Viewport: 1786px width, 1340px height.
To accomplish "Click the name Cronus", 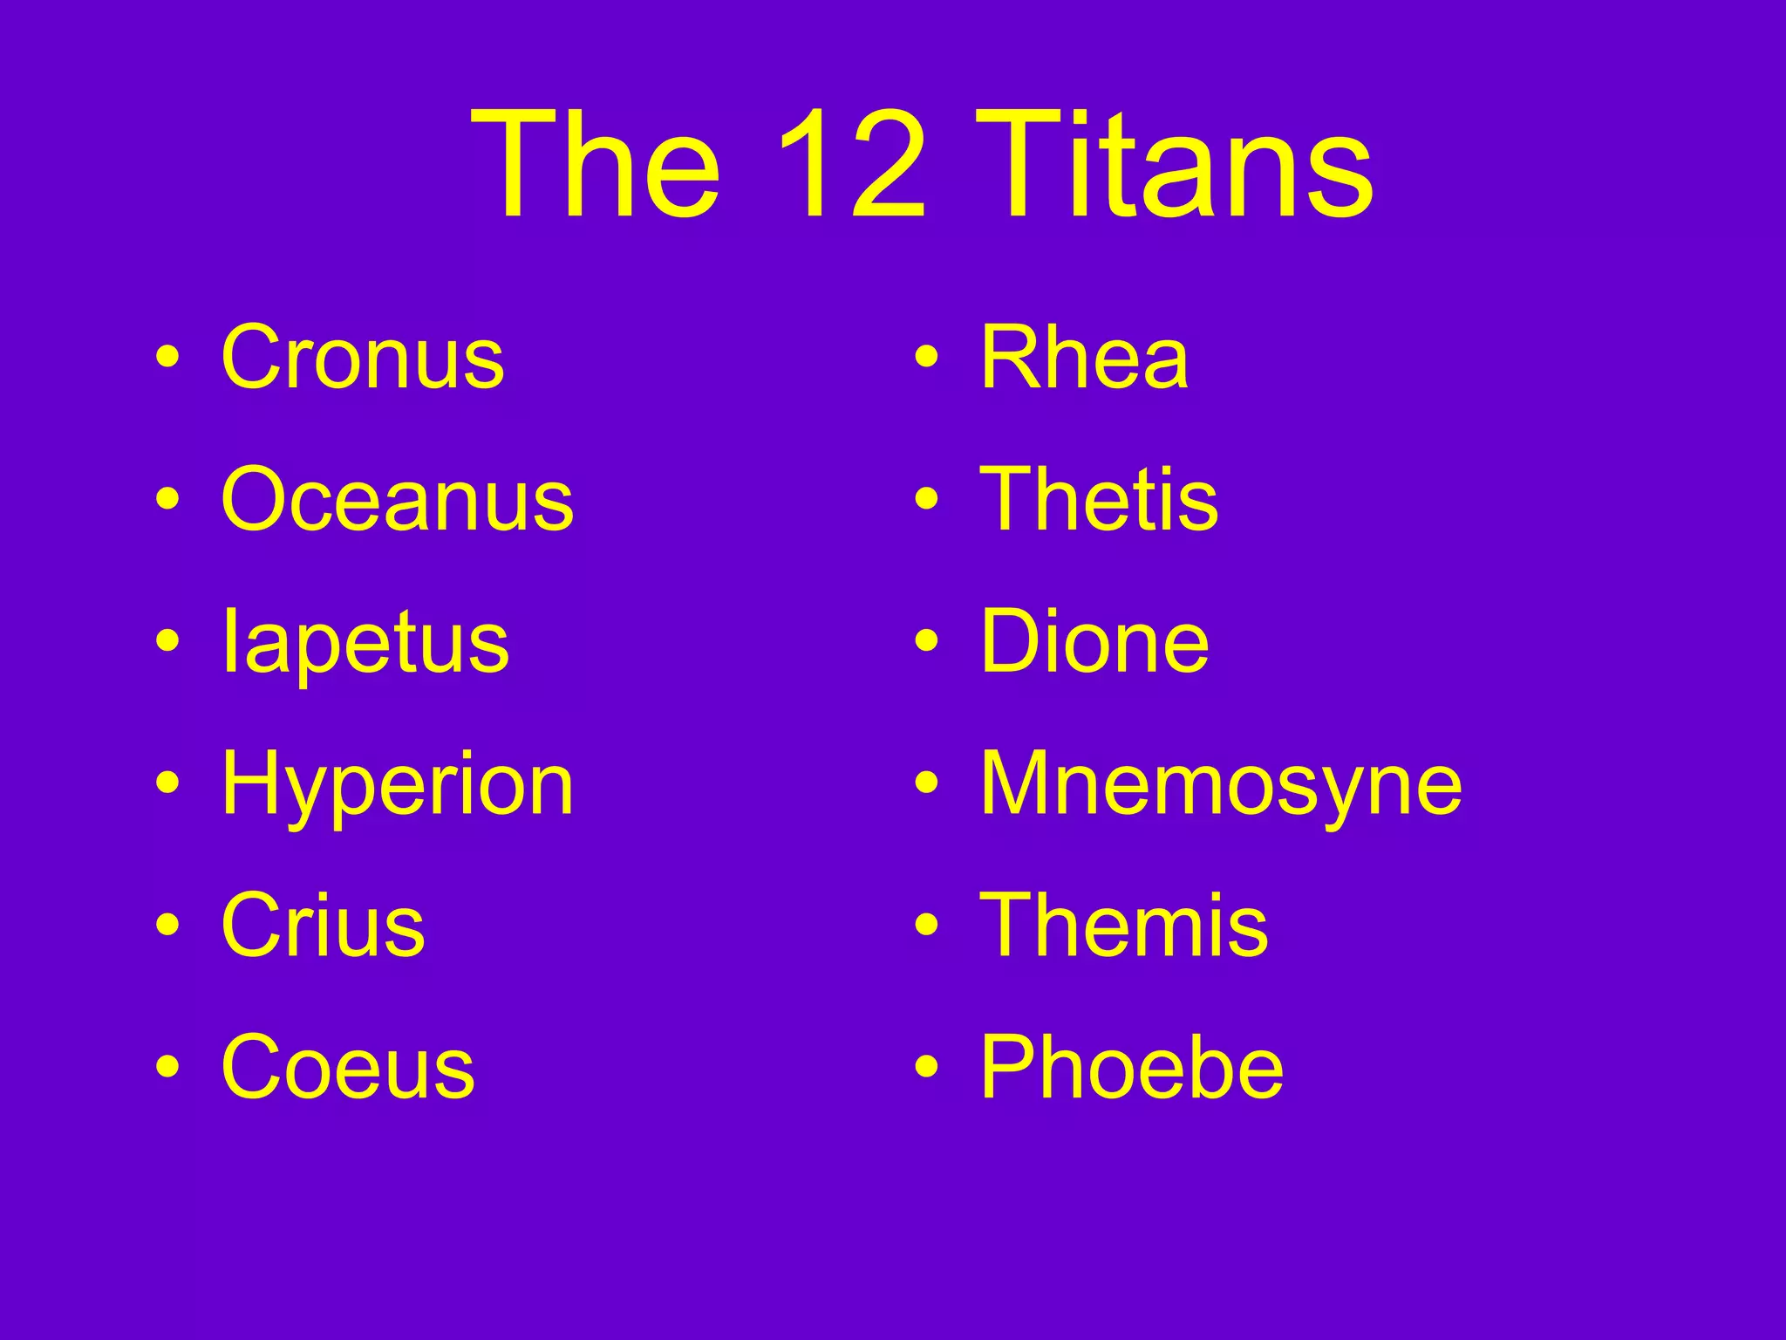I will point(363,358).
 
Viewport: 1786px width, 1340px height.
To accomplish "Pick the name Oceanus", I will point(398,500).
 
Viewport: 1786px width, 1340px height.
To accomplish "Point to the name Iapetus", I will point(365,643).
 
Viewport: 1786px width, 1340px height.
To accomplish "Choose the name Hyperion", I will point(398,785).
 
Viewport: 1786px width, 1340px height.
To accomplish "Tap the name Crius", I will point(324,926).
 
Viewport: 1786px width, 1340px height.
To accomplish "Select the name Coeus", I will point(348,1068).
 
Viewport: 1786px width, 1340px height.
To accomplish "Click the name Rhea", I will point(1084,358).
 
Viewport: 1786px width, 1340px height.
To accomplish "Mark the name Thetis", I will point(1099,500).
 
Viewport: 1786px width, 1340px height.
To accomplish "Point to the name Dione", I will point(1094,642).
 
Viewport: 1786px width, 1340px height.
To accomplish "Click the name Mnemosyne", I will point(1221,785).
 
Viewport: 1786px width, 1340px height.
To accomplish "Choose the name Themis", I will point(1124,926).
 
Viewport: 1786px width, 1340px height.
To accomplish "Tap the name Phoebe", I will point(1132,1068).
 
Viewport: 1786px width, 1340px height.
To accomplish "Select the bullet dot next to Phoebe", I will point(927,1067).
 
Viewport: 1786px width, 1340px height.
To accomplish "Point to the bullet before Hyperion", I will point(168,783).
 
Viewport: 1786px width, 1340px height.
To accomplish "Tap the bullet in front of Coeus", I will point(168,1067).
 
